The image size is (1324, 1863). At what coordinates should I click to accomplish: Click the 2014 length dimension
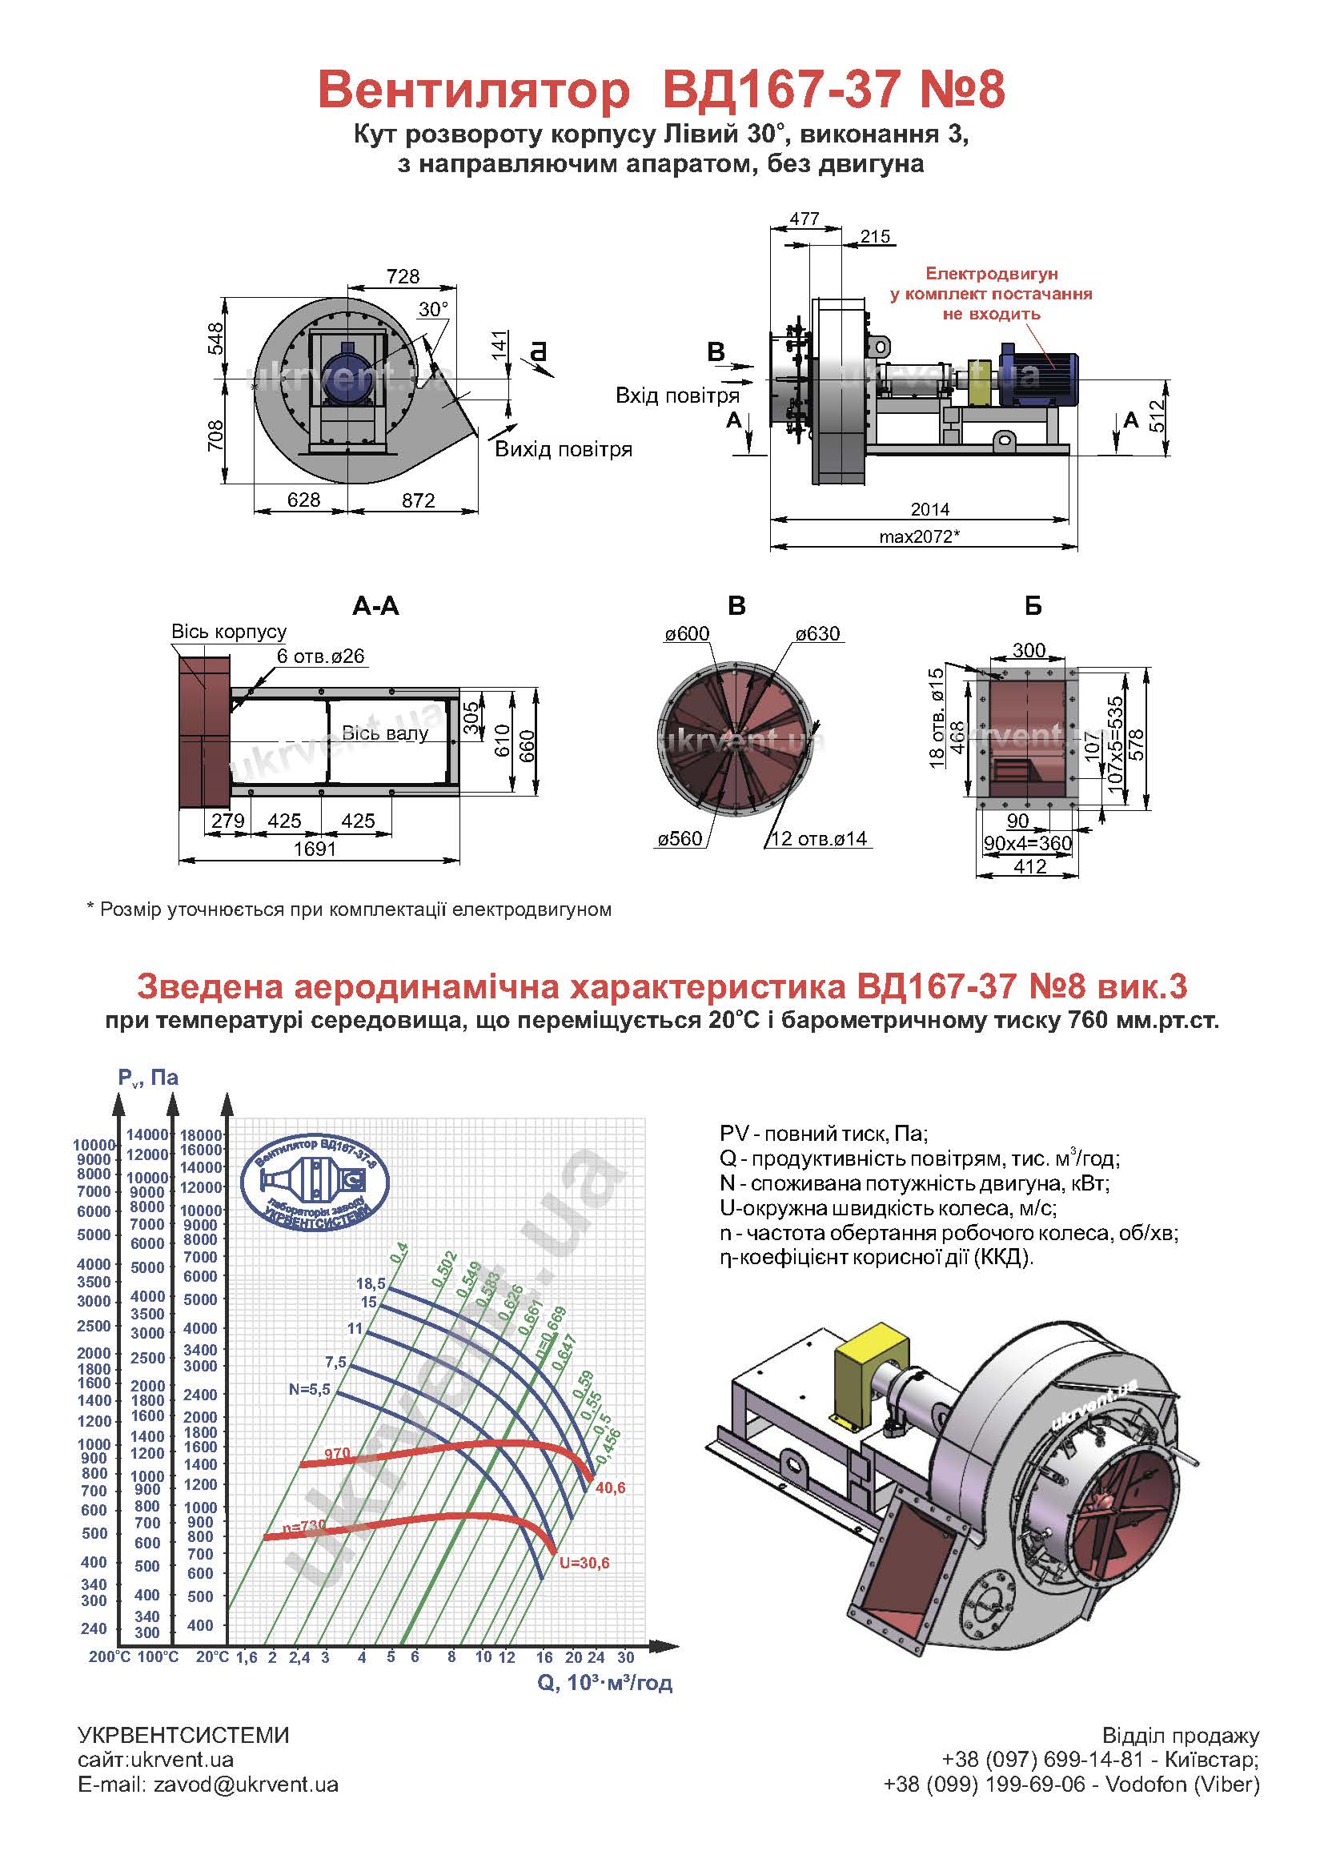click(x=929, y=508)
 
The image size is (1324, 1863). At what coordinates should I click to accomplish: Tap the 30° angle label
click(x=433, y=309)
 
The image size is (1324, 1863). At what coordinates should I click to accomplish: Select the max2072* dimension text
click(x=919, y=536)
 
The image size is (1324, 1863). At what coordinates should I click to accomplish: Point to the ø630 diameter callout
click(x=817, y=633)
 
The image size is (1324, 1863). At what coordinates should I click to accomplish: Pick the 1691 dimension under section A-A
click(x=315, y=849)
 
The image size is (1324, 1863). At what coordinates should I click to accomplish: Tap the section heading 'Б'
click(x=1032, y=607)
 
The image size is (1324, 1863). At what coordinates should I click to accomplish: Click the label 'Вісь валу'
click(x=384, y=733)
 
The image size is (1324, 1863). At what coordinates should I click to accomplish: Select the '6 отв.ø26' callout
click(x=320, y=656)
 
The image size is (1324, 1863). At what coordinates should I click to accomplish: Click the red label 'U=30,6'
click(x=584, y=1563)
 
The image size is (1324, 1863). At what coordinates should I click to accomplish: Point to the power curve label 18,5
click(x=370, y=1283)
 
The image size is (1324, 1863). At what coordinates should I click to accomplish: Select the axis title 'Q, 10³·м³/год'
click(x=605, y=1682)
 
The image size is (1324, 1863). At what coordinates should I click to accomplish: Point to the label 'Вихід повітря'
click(x=564, y=449)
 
